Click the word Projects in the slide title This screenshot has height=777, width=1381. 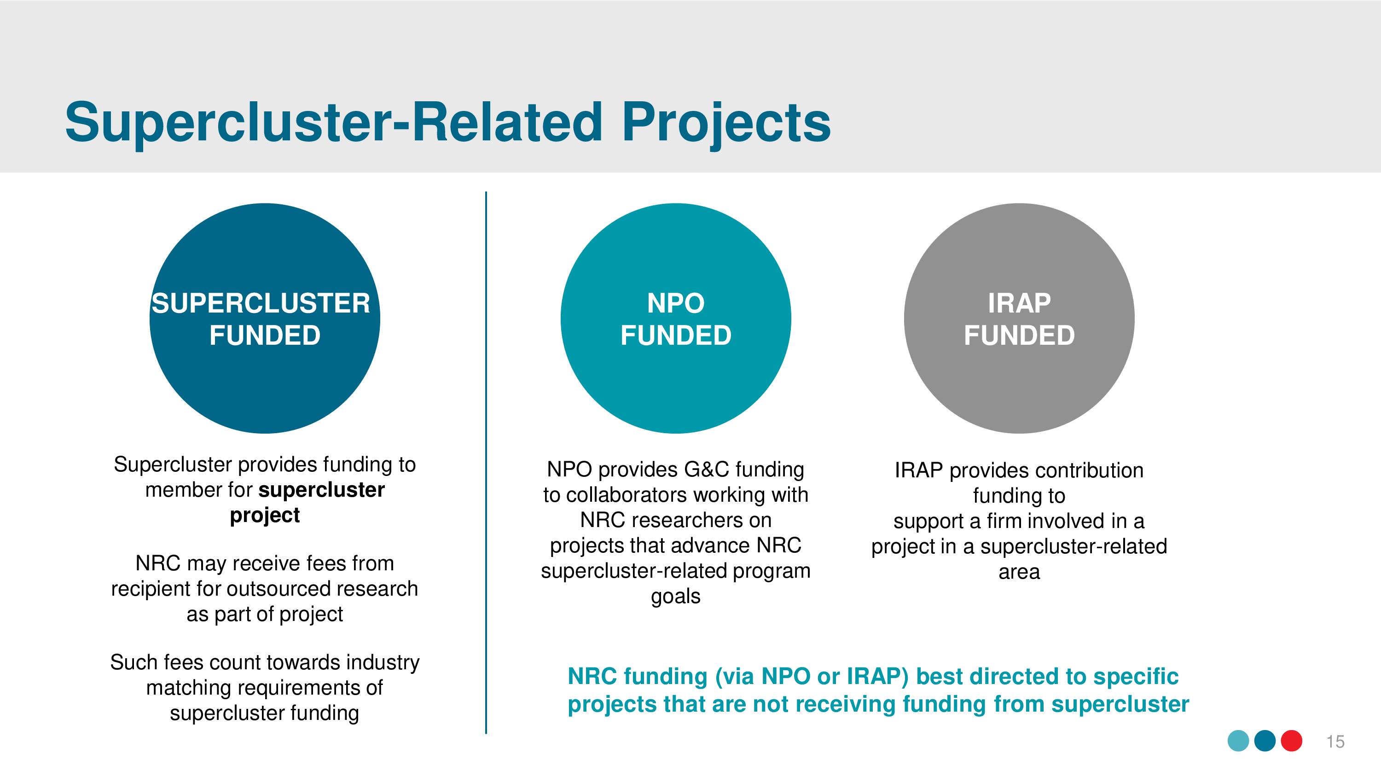pos(726,124)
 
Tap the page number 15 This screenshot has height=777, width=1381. pos(1335,742)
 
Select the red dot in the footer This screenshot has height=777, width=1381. pos(1292,741)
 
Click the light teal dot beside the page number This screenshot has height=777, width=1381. pos(1238,741)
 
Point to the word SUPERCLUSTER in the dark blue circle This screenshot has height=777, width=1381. pos(261,303)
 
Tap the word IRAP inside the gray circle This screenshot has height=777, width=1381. pos(1019,303)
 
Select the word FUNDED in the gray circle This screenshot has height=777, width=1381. pos(1019,336)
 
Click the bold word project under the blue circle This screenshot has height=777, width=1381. pos(265,516)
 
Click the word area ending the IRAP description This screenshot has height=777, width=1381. pos(1019,572)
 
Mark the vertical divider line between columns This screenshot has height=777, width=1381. pos(486,463)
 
